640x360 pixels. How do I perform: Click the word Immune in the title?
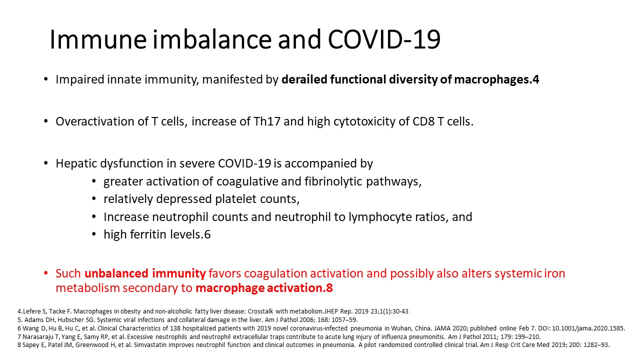98,39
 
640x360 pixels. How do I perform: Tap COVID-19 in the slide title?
384,39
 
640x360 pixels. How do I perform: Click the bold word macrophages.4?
496,79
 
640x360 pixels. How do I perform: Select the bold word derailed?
304,79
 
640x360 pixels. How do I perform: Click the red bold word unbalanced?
116,273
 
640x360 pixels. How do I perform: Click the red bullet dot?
45,273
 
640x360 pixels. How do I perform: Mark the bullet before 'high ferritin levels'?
94,234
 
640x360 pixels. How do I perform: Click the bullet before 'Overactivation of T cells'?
45,121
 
